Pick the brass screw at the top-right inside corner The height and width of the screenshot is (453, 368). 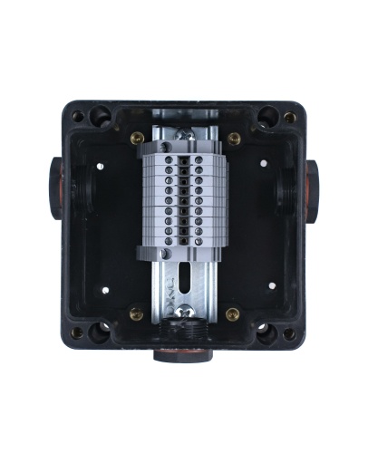tap(234, 139)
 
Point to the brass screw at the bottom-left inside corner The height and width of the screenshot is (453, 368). tap(136, 314)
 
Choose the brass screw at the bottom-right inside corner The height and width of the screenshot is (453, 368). tap(233, 314)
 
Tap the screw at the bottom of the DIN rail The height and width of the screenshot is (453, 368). tap(185, 313)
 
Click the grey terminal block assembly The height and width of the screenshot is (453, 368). tap(185, 198)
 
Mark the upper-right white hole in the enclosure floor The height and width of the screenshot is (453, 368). tap(264, 164)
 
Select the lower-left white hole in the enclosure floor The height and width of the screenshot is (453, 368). tap(106, 291)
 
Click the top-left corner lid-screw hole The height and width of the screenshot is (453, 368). tap(78, 116)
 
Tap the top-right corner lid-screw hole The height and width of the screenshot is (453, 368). tap(289, 117)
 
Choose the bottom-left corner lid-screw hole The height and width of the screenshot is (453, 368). tap(78, 333)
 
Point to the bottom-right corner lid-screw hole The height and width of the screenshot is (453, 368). tap(289, 333)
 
